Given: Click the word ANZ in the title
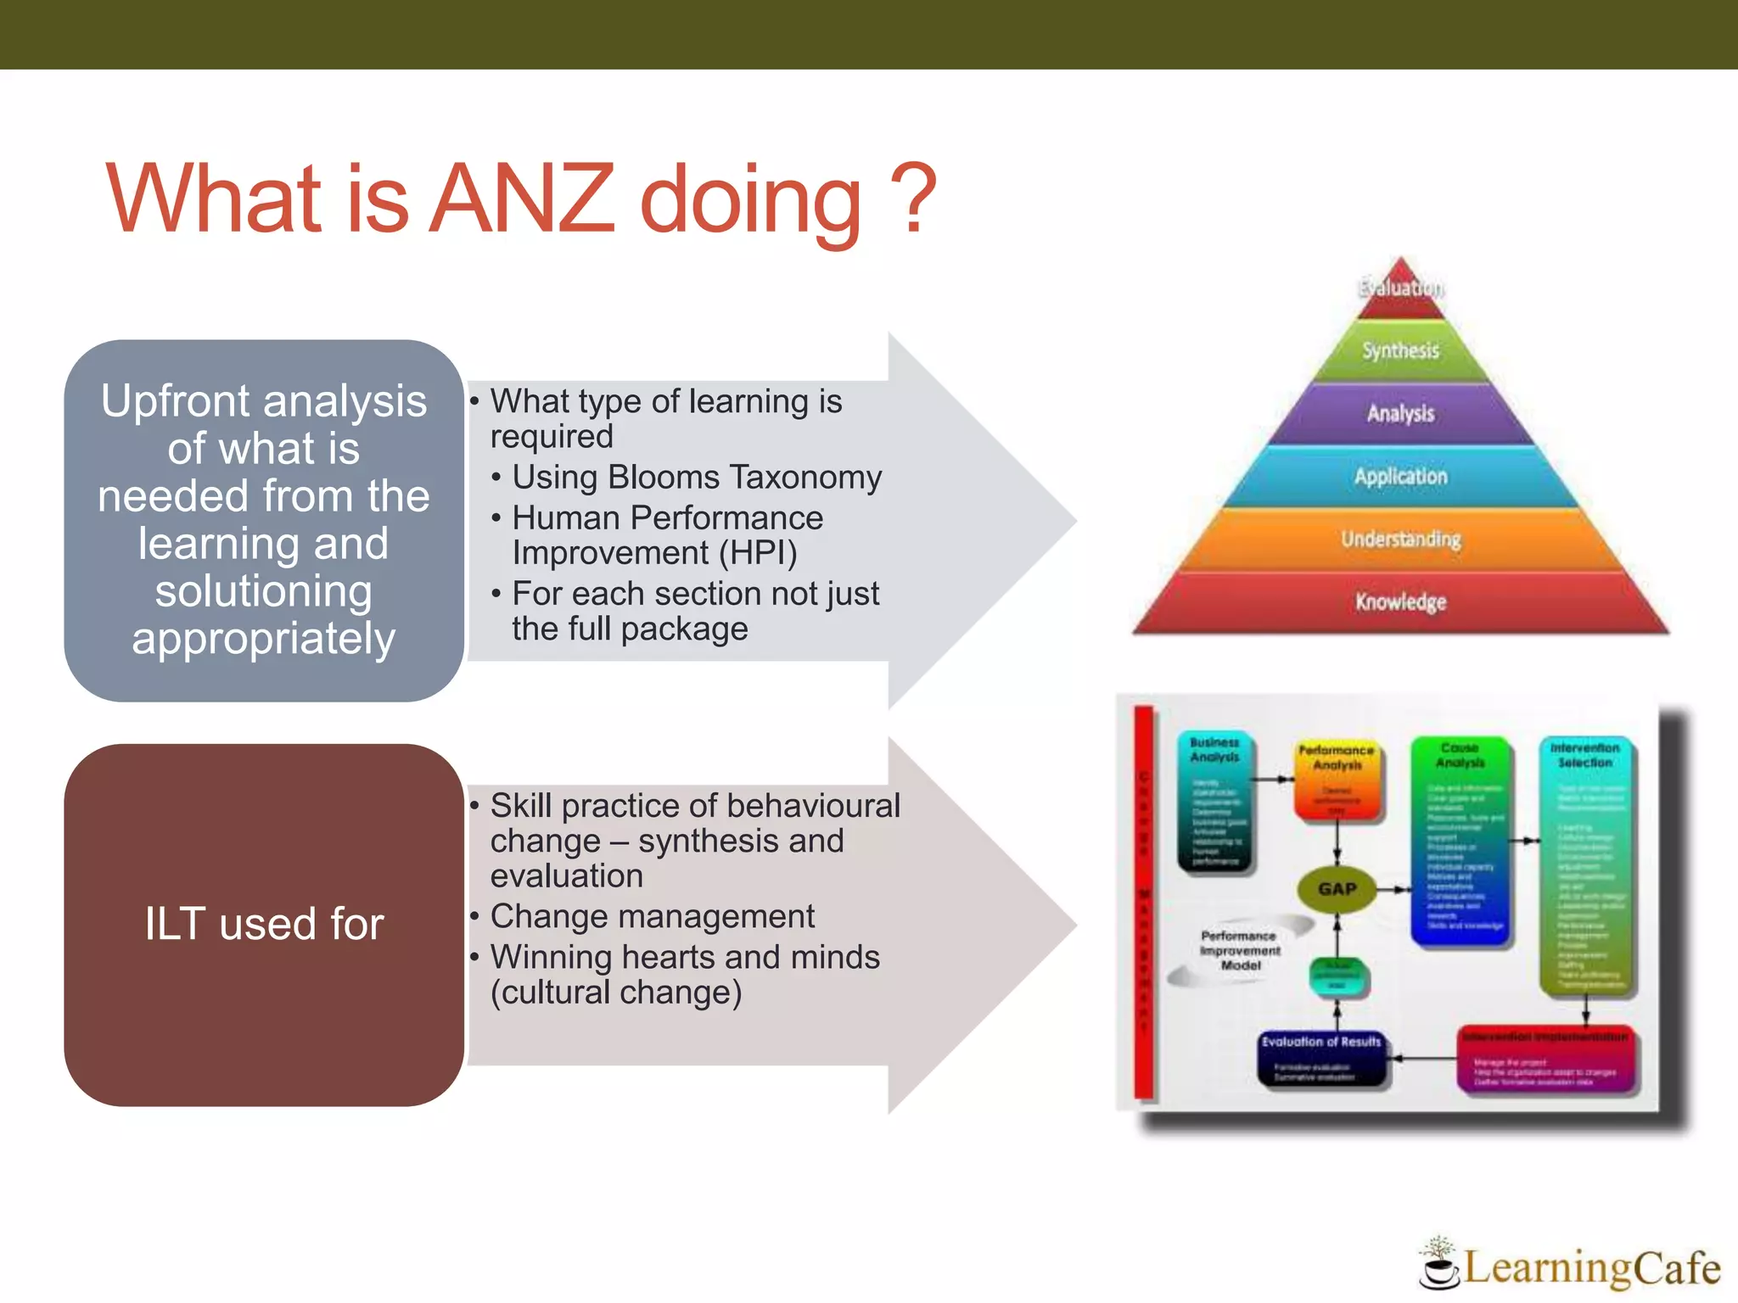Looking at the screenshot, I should pos(521,199).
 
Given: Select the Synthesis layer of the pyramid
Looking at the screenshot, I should pos(1400,350).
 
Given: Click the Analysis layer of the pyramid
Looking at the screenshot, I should pos(1400,414).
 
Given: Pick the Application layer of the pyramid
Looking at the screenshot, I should pos(1400,477).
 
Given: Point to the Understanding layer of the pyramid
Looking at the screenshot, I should pos(1400,540).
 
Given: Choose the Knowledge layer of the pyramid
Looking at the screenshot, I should pos(1400,602).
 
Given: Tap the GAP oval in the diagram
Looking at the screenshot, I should pos(1337,889).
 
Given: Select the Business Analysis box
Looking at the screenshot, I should pos(1215,802).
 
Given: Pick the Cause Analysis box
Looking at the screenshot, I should pos(1460,840).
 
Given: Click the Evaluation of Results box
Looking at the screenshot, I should pos(1321,1056).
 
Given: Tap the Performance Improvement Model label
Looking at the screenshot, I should pos(1239,950).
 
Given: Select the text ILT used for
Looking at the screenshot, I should pos(264,924).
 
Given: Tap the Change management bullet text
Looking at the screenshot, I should pos(652,917).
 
